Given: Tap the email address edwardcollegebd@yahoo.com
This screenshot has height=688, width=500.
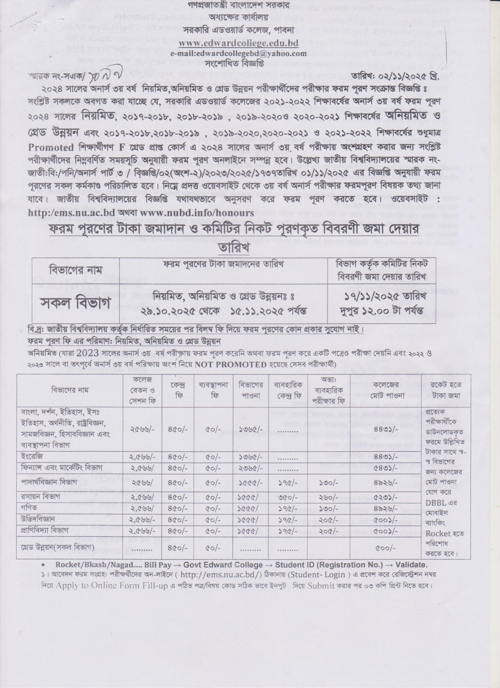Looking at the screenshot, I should pos(238,53).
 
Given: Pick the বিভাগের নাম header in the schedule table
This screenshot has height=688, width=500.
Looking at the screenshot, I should pos(75,270).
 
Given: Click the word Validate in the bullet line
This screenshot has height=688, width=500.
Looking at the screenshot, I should pos(413,565).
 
